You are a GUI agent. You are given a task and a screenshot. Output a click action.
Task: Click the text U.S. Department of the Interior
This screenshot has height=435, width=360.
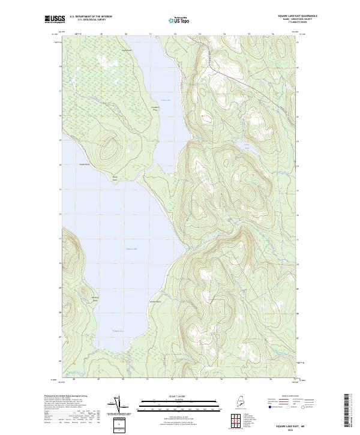pos(91,17)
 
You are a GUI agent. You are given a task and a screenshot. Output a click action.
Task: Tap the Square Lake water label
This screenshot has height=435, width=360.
pos(131,250)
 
